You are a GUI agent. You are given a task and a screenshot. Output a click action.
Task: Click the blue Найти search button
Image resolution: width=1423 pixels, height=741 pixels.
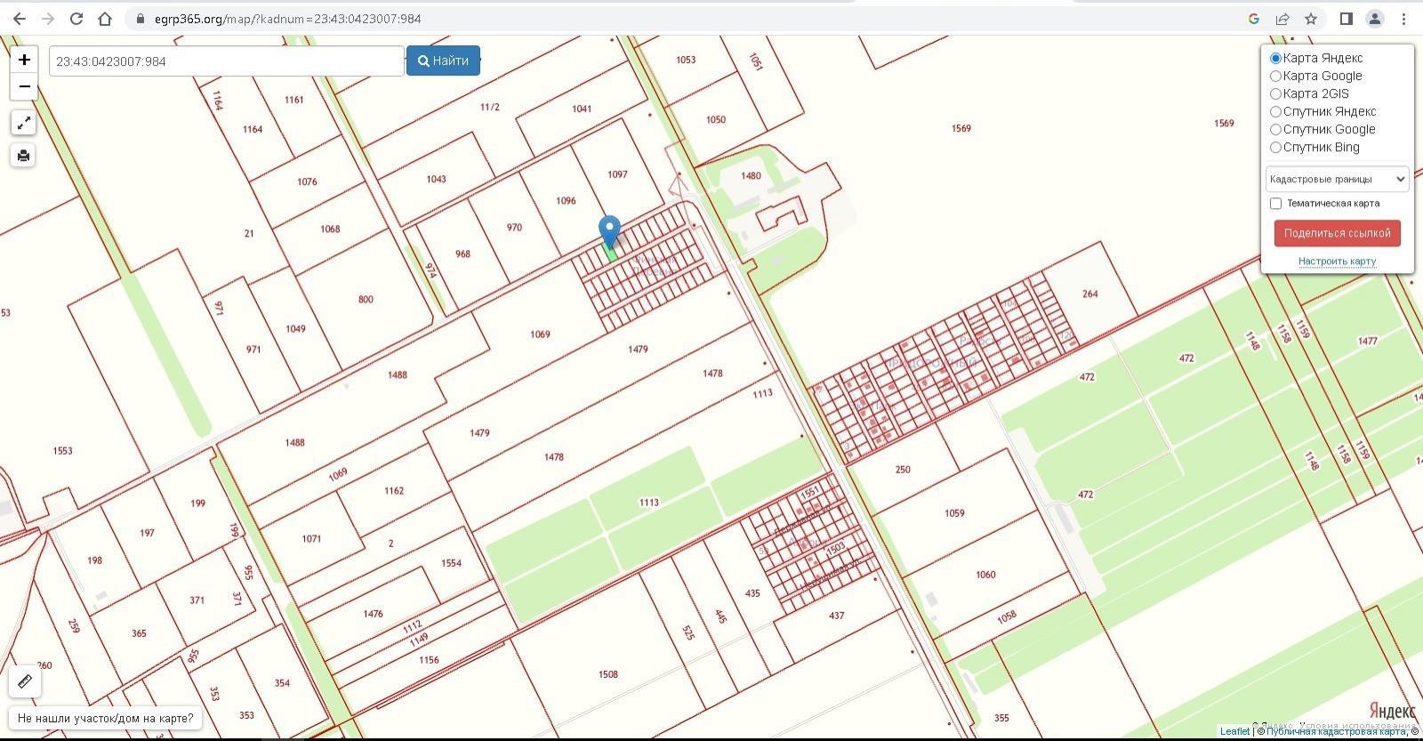[x=443, y=60]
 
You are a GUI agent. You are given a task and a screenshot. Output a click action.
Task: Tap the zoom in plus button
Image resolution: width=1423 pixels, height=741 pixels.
[x=24, y=60]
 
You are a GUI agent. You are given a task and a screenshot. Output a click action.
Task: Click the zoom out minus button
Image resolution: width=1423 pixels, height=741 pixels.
[x=24, y=86]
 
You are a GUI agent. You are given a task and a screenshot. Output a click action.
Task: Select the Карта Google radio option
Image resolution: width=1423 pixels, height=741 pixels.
[x=1275, y=77]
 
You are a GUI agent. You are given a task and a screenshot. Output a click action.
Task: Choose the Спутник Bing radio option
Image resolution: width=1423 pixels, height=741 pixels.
[x=1275, y=148]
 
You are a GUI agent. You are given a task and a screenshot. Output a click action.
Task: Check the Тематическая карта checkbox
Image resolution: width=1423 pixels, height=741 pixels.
[x=1275, y=204]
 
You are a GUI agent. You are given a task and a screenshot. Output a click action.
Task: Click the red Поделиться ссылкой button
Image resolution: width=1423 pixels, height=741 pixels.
[x=1337, y=233]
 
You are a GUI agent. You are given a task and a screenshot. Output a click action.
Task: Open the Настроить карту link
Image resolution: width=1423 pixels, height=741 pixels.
[x=1337, y=262]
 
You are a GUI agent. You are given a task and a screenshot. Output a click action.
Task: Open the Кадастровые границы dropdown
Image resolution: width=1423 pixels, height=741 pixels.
[x=1337, y=179]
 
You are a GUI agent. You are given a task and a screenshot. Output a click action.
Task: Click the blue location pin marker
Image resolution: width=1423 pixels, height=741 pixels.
[x=609, y=231]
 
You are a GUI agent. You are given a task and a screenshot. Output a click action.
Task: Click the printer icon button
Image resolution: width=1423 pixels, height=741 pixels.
[x=23, y=156]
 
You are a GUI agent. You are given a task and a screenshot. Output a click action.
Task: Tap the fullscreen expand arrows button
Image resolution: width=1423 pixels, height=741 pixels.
[x=23, y=123]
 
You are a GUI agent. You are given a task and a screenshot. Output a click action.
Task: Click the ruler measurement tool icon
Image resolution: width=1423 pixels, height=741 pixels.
[x=25, y=681]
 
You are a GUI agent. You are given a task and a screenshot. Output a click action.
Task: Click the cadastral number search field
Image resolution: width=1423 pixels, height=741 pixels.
[x=226, y=61]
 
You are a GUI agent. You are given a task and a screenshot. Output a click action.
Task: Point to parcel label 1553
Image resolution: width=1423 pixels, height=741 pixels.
[x=62, y=451]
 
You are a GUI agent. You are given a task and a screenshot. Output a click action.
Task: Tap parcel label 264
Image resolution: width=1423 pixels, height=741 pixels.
[x=1090, y=294]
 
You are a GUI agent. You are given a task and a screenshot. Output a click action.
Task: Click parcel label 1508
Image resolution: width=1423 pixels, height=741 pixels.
[x=608, y=674]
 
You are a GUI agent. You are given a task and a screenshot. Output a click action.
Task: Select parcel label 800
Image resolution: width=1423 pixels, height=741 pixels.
[x=366, y=300]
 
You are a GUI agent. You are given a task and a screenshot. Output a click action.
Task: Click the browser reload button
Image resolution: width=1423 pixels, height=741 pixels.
[x=76, y=19]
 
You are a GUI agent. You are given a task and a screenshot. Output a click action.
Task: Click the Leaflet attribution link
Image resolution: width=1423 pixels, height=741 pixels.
[x=1234, y=731]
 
